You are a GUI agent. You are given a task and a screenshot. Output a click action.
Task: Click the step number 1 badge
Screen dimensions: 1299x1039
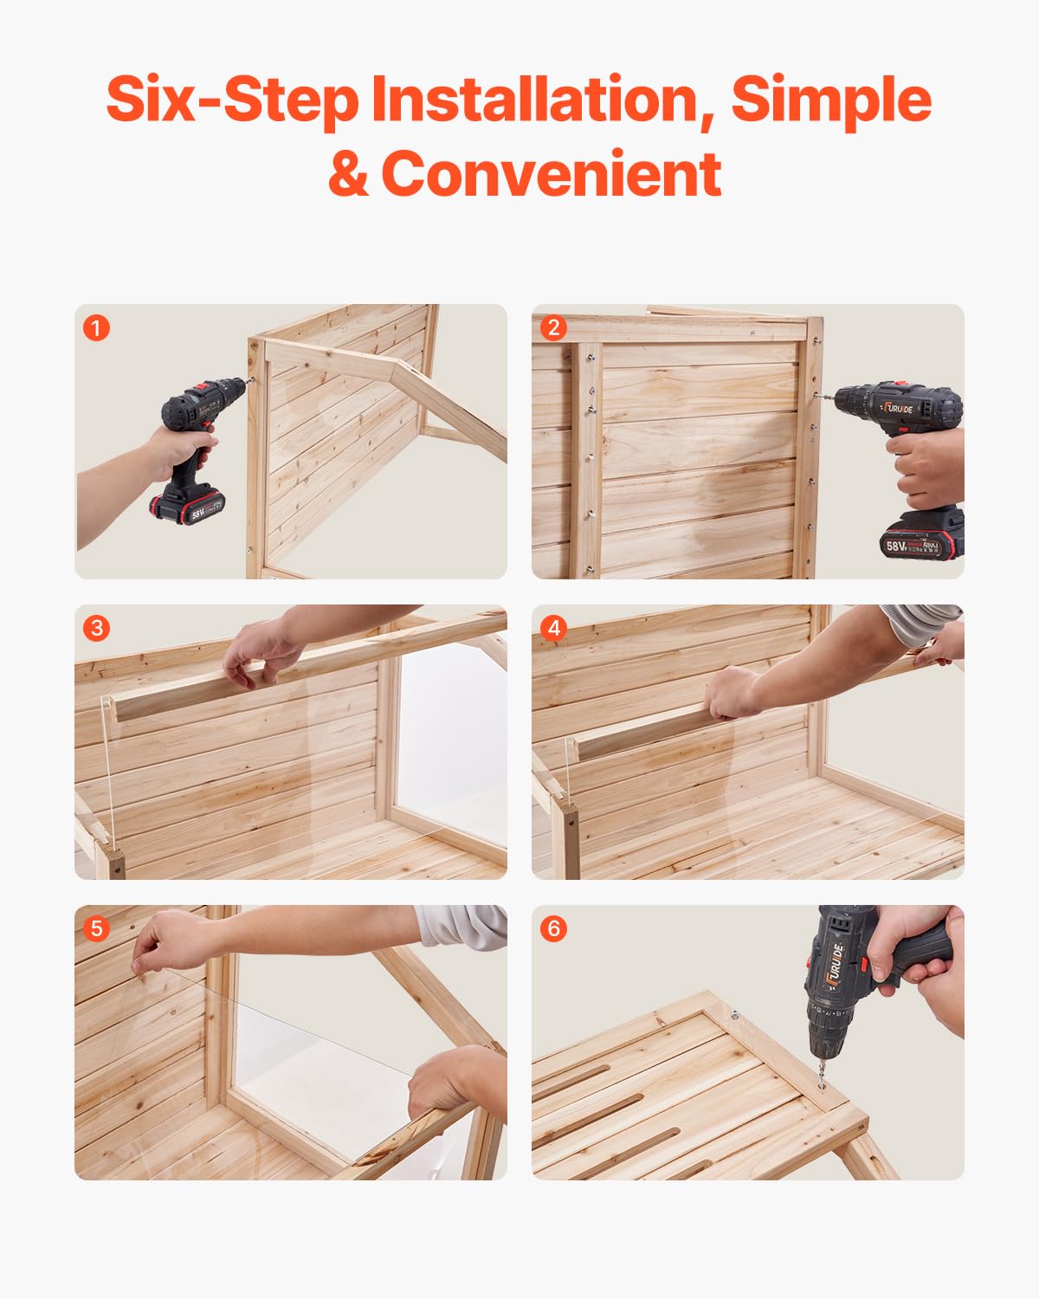pos(96,328)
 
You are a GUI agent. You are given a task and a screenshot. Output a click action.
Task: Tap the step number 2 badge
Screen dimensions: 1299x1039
pos(553,328)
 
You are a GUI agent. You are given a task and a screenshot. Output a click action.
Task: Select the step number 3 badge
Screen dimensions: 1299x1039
pos(96,628)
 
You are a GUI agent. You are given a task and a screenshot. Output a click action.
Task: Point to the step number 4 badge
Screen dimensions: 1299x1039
pos(553,628)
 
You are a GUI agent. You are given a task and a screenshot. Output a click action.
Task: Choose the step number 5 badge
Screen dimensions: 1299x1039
pos(96,928)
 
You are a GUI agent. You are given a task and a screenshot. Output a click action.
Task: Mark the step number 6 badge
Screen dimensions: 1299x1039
pos(553,928)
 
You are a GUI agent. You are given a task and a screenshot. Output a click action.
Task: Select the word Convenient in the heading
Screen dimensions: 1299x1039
pos(551,174)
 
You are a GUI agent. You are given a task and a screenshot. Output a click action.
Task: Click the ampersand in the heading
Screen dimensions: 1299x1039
pos(348,174)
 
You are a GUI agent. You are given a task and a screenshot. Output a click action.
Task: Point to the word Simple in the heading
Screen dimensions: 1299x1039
pos(831,100)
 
